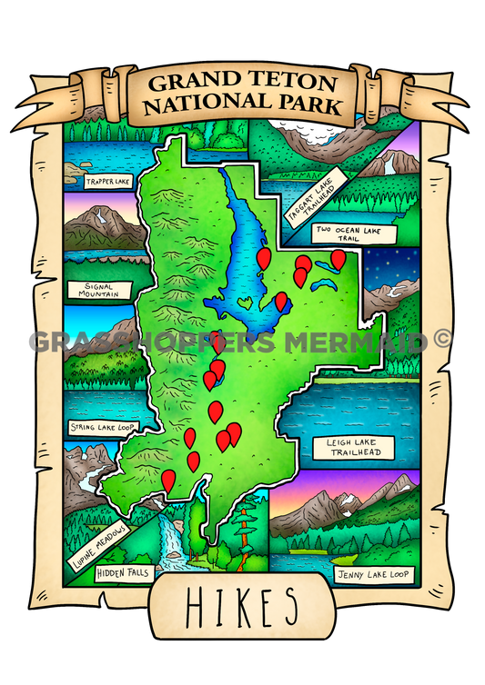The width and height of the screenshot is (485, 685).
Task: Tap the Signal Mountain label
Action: pos(100,291)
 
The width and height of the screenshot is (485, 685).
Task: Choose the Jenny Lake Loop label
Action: pos(374,574)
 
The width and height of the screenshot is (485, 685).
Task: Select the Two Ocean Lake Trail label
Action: pos(355,233)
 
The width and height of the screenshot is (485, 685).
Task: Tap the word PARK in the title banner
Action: pos(309,106)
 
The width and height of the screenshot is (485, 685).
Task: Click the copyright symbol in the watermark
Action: pos(442,340)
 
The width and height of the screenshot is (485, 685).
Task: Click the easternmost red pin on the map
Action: pos(338,259)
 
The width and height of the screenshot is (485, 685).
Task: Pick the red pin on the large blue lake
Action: pos(264,258)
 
